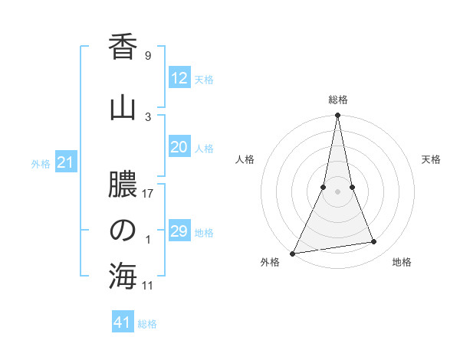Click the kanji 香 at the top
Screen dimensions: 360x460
[123, 47]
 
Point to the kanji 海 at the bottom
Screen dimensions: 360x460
[123, 277]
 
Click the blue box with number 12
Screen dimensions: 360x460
[179, 78]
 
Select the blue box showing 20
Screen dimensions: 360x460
[179, 148]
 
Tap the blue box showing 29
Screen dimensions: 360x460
[179, 231]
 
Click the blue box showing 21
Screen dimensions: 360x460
[66, 162]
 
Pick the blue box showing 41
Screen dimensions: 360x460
[123, 322]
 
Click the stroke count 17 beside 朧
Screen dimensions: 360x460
[148, 194]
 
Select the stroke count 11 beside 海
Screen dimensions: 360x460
[148, 286]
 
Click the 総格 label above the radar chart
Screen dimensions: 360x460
[338, 100]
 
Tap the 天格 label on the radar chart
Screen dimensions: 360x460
[432, 159]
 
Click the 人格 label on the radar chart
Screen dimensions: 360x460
[245, 159]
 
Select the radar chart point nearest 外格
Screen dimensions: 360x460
[293, 254]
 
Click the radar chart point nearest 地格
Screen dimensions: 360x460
[374, 242]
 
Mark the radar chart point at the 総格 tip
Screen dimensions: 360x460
[337, 116]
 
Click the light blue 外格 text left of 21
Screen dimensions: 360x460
[41, 163]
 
